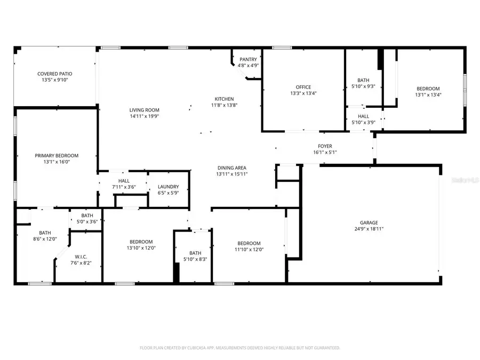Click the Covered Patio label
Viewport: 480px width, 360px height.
pyautogui.click(x=54, y=74)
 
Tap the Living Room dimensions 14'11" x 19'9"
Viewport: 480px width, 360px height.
pyautogui.click(x=144, y=116)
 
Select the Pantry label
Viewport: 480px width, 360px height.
pyautogui.click(x=248, y=59)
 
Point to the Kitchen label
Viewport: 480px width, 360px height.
pyautogui.click(x=224, y=99)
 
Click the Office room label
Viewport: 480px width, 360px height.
pyautogui.click(x=303, y=87)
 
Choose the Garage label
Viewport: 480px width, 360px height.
pyautogui.click(x=369, y=222)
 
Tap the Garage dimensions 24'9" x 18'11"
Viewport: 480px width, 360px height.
pyautogui.click(x=369, y=229)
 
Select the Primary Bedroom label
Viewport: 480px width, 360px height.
pyautogui.click(x=57, y=155)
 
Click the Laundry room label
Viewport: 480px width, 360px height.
pyautogui.click(x=168, y=187)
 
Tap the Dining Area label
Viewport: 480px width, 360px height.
pyautogui.click(x=231, y=168)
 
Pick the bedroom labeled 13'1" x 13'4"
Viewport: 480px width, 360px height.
pyautogui.click(x=428, y=91)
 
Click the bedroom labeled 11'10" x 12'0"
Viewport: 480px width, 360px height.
pyautogui.click(x=249, y=246)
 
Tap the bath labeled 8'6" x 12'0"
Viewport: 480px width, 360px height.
pyautogui.click(x=45, y=235)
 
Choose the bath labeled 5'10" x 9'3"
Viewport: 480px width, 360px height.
pyautogui.click(x=363, y=83)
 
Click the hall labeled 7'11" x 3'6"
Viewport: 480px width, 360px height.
pyautogui.click(x=124, y=184)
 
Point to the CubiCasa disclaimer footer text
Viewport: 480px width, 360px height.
pyautogui.click(x=239, y=348)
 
